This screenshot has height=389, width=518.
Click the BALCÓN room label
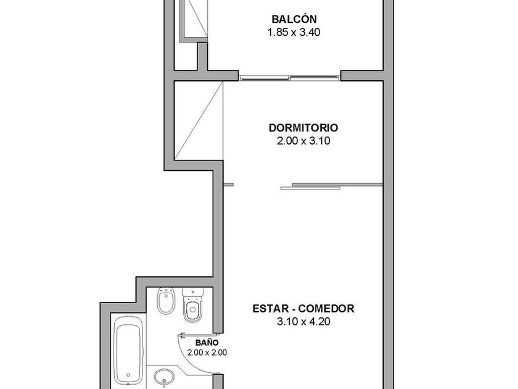point(294,19)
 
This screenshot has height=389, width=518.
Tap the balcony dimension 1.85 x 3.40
point(294,32)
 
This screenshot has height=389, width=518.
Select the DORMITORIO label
point(303,128)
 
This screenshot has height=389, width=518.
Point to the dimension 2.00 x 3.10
point(303,141)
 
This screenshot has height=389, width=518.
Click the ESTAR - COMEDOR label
point(303,309)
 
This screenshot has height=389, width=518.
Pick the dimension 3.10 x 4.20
point(303,322)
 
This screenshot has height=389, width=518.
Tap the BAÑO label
point(207,343)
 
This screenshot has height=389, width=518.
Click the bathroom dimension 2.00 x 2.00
point(207,353)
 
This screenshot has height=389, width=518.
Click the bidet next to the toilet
point(165,301)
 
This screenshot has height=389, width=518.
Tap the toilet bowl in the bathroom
point(192,310)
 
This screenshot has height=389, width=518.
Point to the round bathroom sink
point(164,377)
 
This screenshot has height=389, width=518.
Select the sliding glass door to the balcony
point(290,78)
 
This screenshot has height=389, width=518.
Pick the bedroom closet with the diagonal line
point(199,121)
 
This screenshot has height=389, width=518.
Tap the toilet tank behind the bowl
point(192,292)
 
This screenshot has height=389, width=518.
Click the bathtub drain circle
point(128,375)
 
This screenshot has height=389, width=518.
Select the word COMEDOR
point(326,309)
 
